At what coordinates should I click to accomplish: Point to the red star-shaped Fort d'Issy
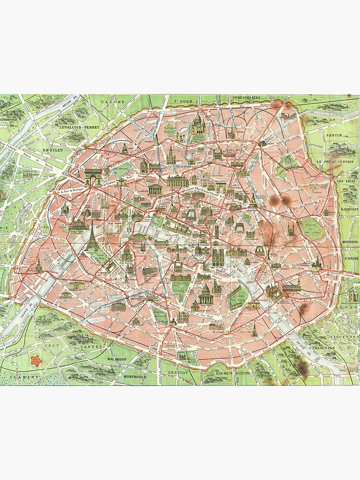tap(35, 361)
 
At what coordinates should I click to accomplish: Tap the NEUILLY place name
tap(53, 150)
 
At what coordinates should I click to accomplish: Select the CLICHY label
tap(113, 102)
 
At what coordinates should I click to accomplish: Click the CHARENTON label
tap(326, 348)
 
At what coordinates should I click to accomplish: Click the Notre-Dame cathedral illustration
tap(218, 257)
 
